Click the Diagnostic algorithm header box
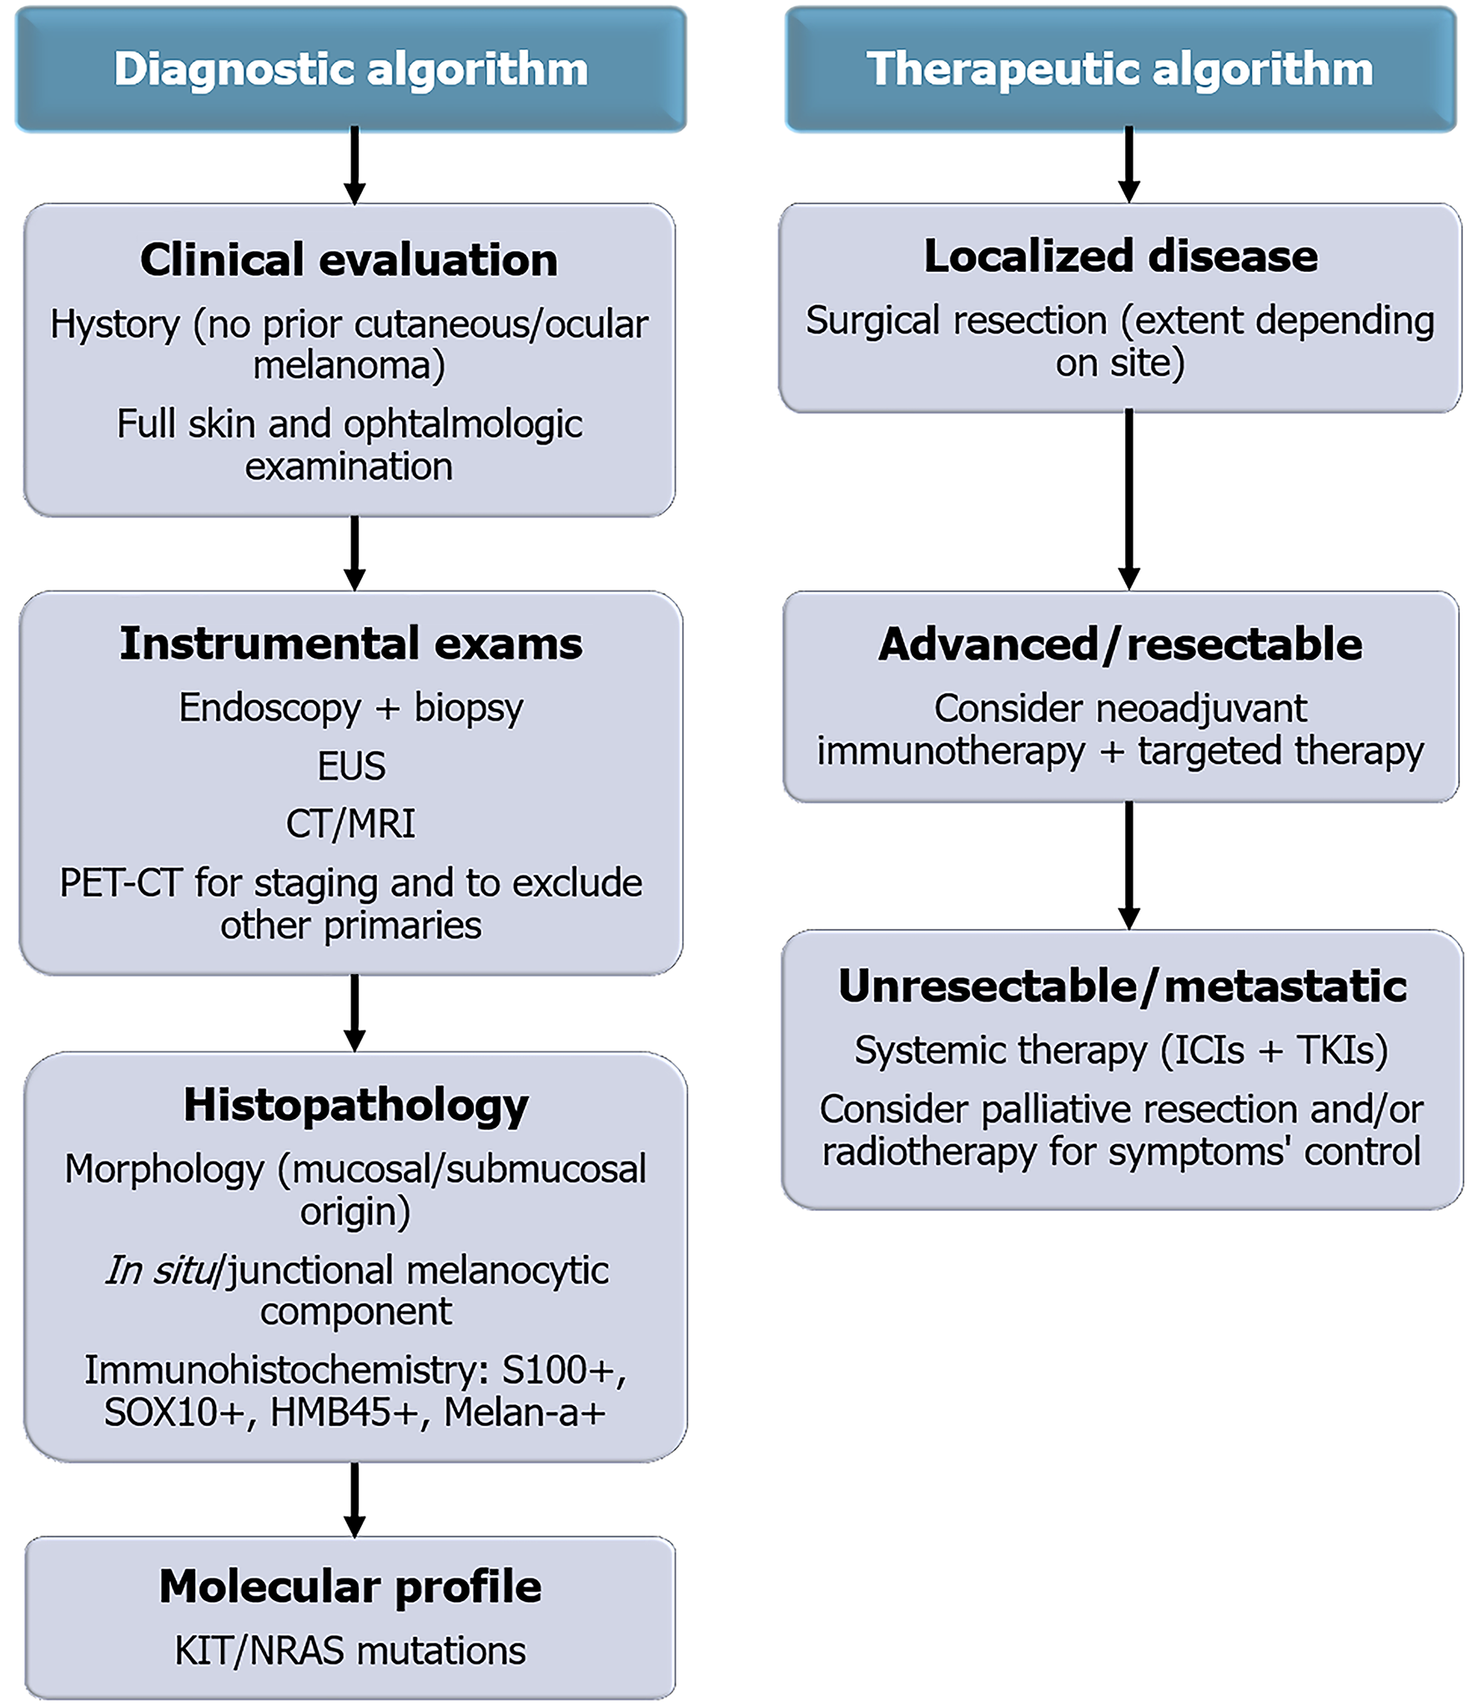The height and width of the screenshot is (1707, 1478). click(x=351, y=69)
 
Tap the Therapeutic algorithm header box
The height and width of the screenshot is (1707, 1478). click(x=1120, y=69)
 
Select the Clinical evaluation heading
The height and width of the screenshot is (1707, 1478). click(x=349, y=259)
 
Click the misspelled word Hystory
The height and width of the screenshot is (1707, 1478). click(x=114, y=324)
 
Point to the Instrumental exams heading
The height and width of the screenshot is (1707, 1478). click(x=351, y=644)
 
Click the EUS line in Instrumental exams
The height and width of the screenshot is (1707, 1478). click(x=351, y=766)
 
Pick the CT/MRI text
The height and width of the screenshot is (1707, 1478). click(x=350, y=824)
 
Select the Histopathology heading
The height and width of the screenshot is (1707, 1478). click(x=356, y=1105)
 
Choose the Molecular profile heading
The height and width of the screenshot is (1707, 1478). click(x=350, y=1586)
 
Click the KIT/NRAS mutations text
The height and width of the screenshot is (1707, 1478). click(x=350, y=1651)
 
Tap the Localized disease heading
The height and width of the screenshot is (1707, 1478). click(x=1120, y=256)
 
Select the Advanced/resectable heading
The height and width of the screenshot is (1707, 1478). click(x=1120, y=645)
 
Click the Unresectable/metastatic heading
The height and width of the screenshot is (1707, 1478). click(x=1123, y=986)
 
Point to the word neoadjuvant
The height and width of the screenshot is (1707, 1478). click(x=1201, y=709)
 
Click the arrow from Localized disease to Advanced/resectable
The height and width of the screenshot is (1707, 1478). click(x=1129, y=500)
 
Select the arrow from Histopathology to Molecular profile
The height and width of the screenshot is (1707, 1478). click(x=354, y=1499)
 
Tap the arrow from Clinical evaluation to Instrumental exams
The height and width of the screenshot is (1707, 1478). click(x=354, y=553)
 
